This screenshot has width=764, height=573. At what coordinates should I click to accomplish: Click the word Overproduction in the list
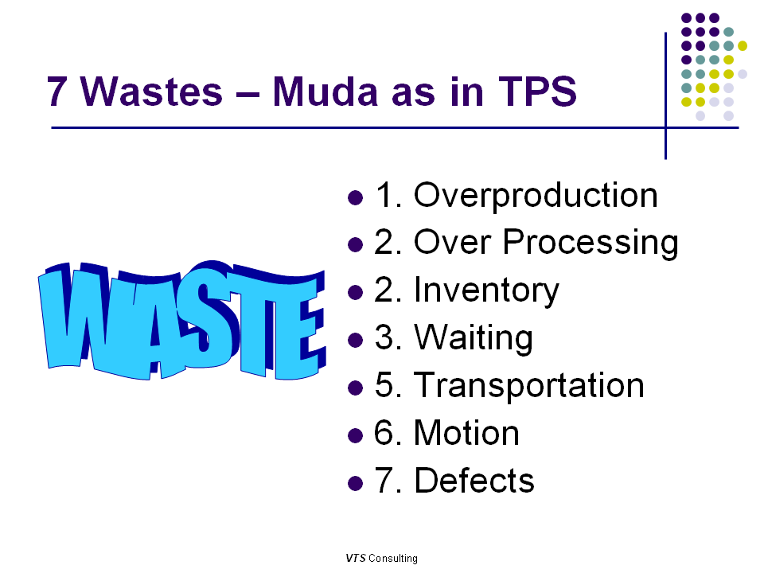click(x=536, y=196)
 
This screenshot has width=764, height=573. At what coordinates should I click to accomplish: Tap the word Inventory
click(x=486, y=290)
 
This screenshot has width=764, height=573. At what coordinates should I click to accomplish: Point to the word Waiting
click(x=473, y=338)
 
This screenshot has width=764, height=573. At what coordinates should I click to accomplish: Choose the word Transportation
click(x=528, y=386)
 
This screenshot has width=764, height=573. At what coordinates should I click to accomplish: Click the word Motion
click(x=466, y=434)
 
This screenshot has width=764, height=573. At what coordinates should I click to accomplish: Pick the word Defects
click(x=474, y=481)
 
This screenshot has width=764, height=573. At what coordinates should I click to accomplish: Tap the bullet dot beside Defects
click(x=356, y=483)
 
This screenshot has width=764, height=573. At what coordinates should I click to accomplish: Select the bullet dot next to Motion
click(x=356, y=435)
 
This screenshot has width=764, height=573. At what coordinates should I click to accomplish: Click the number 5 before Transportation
click(x=384, y=386)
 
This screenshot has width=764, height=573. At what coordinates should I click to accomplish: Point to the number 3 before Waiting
click(x=384, y=338)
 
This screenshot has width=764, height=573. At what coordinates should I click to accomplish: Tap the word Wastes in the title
click(x=152, y=92)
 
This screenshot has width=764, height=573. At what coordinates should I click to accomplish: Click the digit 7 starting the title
click(x=56, y=92)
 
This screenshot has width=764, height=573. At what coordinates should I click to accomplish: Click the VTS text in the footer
click(x=355, y=558)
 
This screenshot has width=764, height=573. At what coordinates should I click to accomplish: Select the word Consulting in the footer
click(x=393, y=558)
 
